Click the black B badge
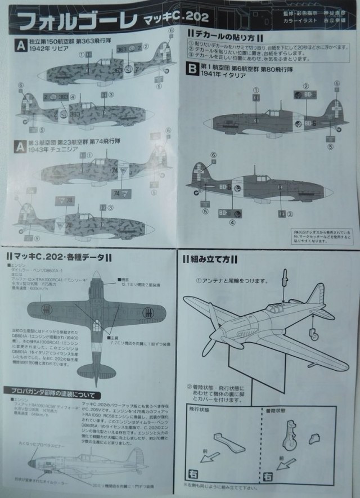click(191, 70)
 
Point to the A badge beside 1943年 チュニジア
click(20, 146)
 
